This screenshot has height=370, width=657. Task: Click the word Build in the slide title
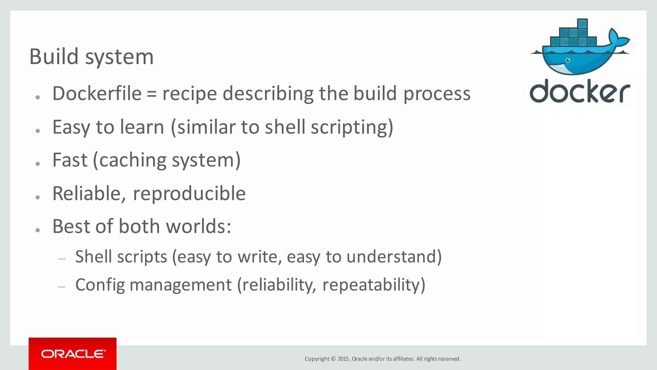pos(54,57)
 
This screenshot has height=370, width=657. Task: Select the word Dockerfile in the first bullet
pos(97,93)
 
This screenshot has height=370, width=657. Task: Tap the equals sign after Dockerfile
pos(152,94)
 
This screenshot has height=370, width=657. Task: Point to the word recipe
pos(190,94)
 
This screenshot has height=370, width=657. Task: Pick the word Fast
pos(70,160)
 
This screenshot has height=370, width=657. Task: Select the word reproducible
pos(189,194)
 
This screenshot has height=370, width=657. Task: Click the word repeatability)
pos(374,285)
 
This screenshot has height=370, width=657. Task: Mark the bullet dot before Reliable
pos(38,197)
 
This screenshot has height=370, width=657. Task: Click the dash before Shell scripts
pos(62,259)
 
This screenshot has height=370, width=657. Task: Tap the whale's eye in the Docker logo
pos(568,60)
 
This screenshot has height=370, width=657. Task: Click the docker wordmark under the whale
pos(580,92)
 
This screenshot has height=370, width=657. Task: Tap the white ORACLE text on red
pos(73,354)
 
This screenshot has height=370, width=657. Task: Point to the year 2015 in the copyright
pos(343,359)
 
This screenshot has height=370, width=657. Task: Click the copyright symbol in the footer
pos(333,359)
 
